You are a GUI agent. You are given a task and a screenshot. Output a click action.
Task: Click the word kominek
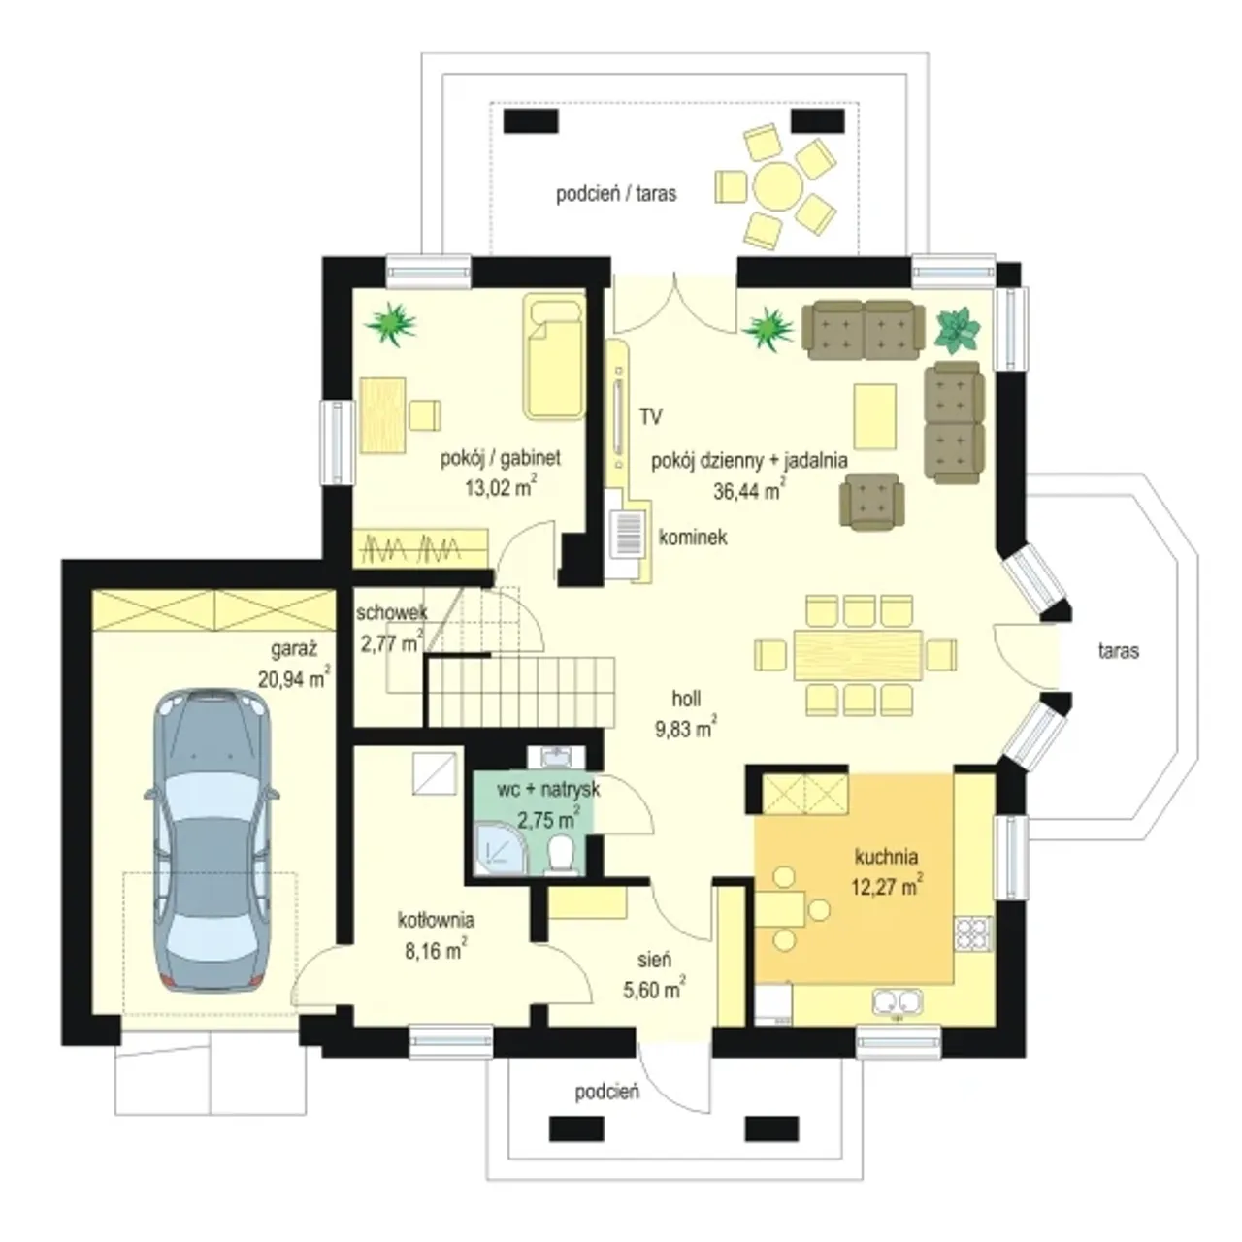click(x=693, y=537)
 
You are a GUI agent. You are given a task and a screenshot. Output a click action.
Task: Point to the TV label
click(x=651, y=417)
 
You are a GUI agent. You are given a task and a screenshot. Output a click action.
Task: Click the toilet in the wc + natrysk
click(x=561, y=856)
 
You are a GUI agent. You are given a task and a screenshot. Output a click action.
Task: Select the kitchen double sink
click(x=898, y=1002)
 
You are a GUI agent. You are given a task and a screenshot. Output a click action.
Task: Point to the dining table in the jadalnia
click(x=858, y=654)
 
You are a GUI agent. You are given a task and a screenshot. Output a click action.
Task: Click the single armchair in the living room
click(x=869, y=502)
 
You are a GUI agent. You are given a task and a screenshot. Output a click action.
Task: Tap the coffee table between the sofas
click(x=874, y=415)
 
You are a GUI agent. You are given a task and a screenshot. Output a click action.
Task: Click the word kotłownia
click(x=436, y=920)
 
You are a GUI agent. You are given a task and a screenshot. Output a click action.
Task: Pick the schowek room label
click(x=392, y=612)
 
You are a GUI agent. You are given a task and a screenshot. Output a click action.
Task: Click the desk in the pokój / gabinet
click(x=383, y=415)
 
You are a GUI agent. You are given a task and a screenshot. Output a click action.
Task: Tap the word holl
click(x=686, y=698)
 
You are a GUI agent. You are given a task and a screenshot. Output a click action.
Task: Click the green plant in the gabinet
click(x=391, y=323)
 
